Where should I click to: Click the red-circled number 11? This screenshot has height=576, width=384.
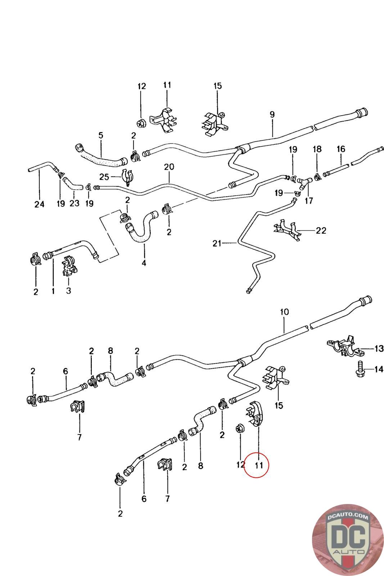pyautogui.click(x=259, y=465)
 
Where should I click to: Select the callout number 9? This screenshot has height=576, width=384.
pyautogui.click(x=272, y=114)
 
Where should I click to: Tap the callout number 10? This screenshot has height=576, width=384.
pyautogui.click(x=284, y=312)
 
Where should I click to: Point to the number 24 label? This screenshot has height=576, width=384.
pyautogui.click(x=39, y=204)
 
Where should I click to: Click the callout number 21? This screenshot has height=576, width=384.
pyautogui.click(x=217, y=244)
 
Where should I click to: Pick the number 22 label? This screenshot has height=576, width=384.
pyautogui.click(x=321, y=230)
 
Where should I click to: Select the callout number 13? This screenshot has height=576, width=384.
pyautogui.click(x=379, y=348)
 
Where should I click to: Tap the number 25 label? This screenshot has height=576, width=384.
pyautogui.click(x=104, y=177)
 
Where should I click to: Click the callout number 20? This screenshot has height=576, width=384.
pyautogui.click(x=169, y=167)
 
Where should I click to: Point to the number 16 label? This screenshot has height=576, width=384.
pyautogui.click(x=341, y=149)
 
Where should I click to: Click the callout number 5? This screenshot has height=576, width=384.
pyautogui.click(x=101, y=135)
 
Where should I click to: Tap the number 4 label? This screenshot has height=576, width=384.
pyautogui.click(x=144, y=263)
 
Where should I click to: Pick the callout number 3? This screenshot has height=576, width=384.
pyautogui.click(x=68, y=290)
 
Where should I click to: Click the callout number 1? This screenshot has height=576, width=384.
pyautogui.click(x=53, y=290)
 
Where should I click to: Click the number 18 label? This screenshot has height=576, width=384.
pyautogui.click(x=317, y=149)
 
